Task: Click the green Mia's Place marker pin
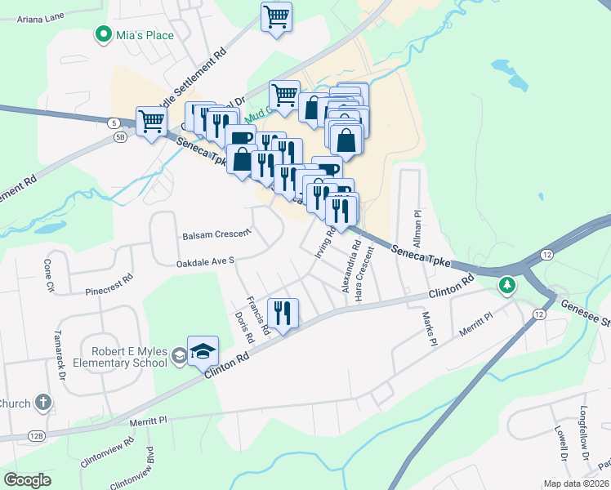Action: (x=103, y=35)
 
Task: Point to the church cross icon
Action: (x=43, y=403)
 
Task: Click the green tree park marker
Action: (x=508, y=284)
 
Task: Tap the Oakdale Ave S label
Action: (x=205, y=261)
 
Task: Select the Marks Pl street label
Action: (x=426, y=326)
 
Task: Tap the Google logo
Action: (x=28, y=480)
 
